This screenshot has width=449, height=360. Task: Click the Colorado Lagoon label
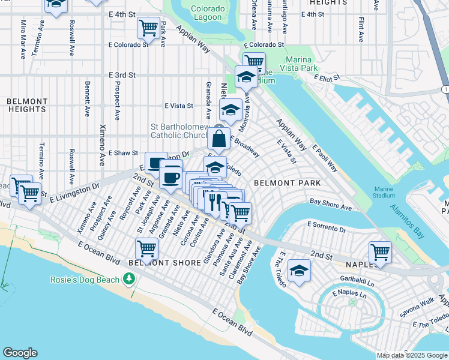[x=208, y=13]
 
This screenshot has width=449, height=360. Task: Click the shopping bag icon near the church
[x=220, y=139]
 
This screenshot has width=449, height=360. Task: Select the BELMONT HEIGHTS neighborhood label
[x=28, y=106]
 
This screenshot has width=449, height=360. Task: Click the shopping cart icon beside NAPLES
[x=380, y=252]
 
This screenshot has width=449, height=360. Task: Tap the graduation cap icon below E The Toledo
[x=299, y=271]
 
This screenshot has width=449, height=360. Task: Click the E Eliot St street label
[x=325, y=78]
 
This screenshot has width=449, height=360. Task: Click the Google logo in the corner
[x=20, y=353]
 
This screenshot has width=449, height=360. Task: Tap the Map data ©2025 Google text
[x=412, y=355]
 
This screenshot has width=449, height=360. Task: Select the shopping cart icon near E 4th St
[x=148, y=27]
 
